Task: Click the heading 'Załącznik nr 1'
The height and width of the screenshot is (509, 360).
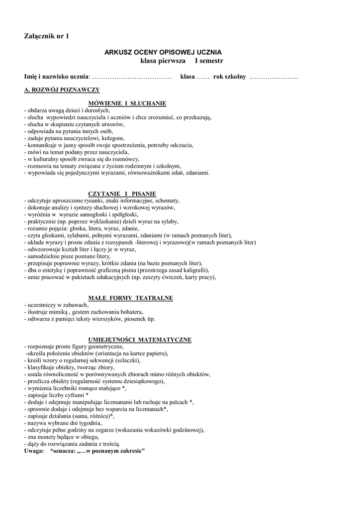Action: (47, 36)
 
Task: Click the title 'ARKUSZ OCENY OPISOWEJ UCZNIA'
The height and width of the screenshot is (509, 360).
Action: (163, 52)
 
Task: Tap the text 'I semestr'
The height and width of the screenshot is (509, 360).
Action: (209, 61)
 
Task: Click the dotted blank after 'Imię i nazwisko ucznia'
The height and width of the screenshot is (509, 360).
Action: (132, 77)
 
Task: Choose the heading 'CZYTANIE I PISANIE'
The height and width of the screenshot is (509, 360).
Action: (122, 193)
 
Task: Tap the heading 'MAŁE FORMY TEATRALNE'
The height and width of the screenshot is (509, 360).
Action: (130, 298)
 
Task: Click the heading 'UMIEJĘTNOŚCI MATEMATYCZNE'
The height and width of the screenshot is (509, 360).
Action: (140, 339)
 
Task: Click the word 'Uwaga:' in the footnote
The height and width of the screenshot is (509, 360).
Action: (34, 451)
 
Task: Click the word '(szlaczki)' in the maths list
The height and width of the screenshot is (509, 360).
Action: (127, 360)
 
